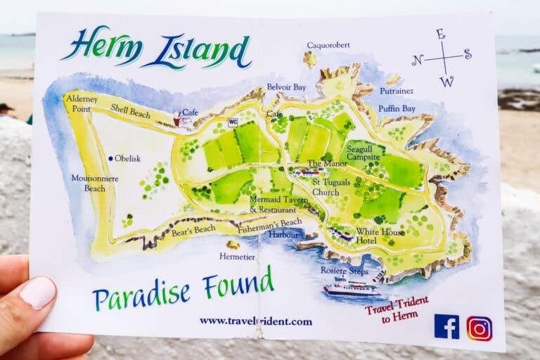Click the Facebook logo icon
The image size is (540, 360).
pos(446,326)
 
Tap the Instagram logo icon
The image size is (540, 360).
pos(480,328)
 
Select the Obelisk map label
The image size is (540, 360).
pos(127,158)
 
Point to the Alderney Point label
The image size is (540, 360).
pos(82,104)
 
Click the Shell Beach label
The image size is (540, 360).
pos(131,112)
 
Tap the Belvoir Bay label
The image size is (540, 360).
pos(286,88)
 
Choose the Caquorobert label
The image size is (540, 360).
pos(328,46)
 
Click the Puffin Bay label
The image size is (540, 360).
pos(397,109)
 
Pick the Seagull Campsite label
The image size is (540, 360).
pos(364,153)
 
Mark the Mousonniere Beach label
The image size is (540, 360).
pos(95,183)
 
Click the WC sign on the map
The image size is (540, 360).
pos(233,122)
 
